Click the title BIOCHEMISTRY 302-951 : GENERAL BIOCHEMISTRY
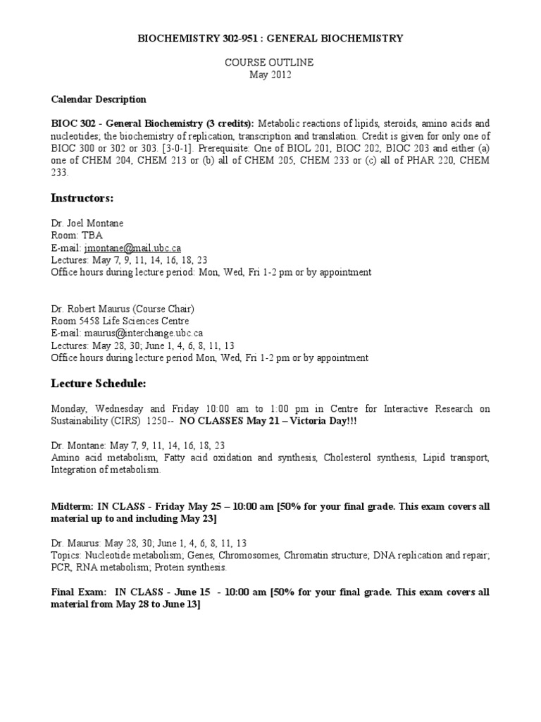[270, 39]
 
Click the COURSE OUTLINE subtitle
[270, 63]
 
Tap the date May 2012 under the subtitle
[270, 75]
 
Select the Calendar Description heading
[99, 99]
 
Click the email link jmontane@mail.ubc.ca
[132, 248]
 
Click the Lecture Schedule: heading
[99, 384]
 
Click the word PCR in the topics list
[61, 568]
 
